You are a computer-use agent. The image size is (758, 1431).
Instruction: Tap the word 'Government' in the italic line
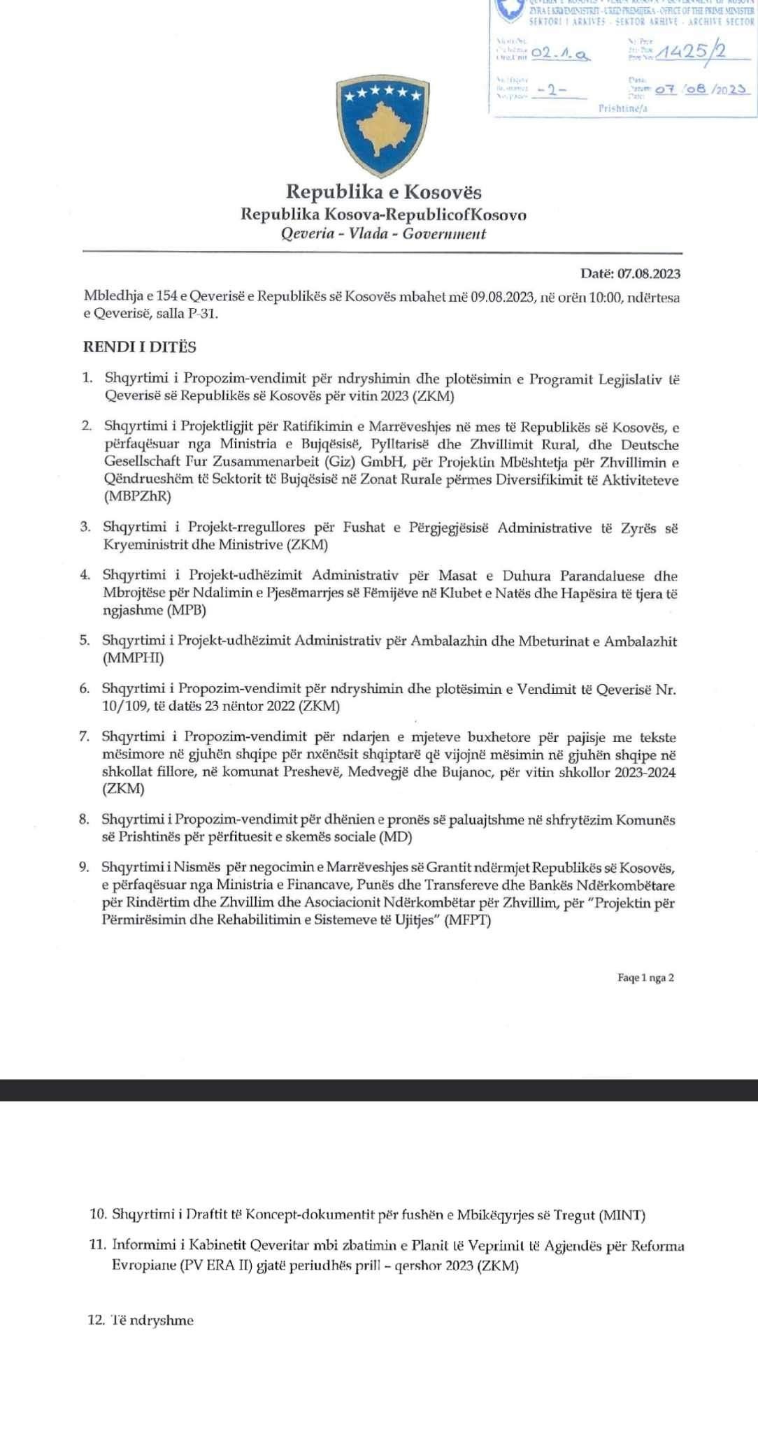pos(446,234)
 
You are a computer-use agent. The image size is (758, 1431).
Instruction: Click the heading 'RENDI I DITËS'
pos(140,347)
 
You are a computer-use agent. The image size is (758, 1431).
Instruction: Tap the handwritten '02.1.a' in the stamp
pos(559,52)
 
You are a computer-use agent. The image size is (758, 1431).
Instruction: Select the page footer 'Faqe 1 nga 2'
pos(645,978)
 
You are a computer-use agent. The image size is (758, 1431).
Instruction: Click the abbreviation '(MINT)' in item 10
pos(622,1216)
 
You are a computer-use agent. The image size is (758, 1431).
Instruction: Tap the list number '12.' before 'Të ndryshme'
pos(97,1321)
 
